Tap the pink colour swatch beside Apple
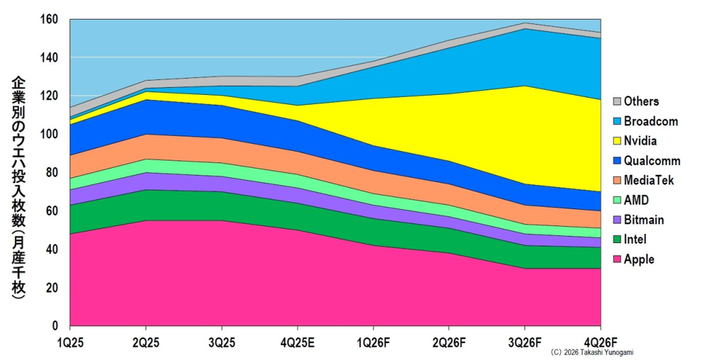(x=618, y=260)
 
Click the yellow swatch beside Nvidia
(x=618, y=141)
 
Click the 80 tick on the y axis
(x=53, y=173)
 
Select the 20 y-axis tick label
(x=53, y=288)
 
